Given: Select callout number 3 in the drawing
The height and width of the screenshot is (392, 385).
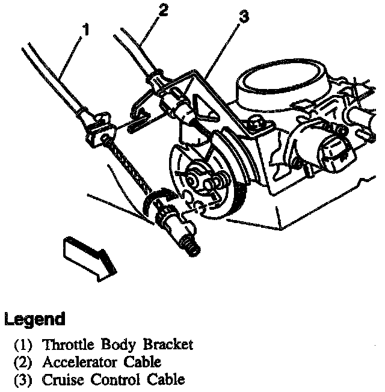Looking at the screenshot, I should click(242, 17).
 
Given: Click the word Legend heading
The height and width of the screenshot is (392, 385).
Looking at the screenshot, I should click(34, 319).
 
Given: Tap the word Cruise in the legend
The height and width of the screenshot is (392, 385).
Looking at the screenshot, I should click(59, 380).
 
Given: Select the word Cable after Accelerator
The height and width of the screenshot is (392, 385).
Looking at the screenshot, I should click(143, 363).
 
